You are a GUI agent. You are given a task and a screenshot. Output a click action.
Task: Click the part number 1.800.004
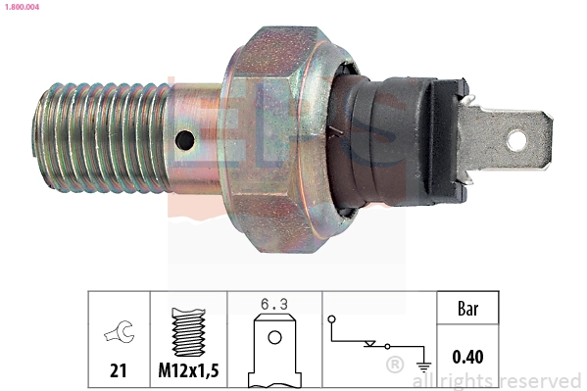(x=23, y=7)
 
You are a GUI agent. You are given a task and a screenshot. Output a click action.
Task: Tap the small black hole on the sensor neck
(x=184, y=140)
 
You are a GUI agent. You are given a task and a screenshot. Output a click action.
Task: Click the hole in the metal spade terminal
(x=516, y=140)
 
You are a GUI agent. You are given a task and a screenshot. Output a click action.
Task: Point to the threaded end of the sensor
(x=101, y=138)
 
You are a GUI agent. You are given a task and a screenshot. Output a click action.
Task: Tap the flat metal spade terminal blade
(x=506, y=139)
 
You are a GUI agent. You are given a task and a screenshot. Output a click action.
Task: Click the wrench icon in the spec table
(x=119, y=331)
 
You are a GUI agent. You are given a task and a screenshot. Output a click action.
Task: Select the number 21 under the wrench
(x=119, y=370)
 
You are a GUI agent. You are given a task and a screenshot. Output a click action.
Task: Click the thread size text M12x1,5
(x=188, y=370)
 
